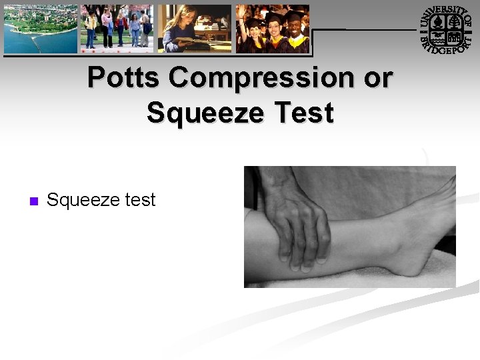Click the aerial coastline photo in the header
[x=41, y=29]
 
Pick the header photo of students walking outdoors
[x=117, y=29]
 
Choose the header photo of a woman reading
[x=195, y=29]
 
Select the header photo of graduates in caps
[x=273, y=29]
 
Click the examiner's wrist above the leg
[x=273, y=183]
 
